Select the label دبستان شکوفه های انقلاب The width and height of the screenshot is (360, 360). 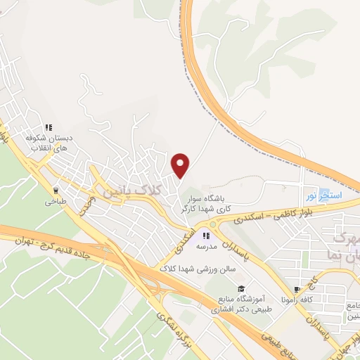49,143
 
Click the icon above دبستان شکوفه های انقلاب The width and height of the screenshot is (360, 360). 49,128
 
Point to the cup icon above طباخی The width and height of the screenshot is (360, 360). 56,190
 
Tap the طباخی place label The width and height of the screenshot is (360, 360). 56,201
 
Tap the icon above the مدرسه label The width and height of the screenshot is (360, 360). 206,236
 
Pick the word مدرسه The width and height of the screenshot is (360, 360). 206,247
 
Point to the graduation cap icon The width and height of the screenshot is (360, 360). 240,289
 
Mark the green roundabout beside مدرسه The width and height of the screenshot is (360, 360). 213,224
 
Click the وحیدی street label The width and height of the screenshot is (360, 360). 86,205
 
